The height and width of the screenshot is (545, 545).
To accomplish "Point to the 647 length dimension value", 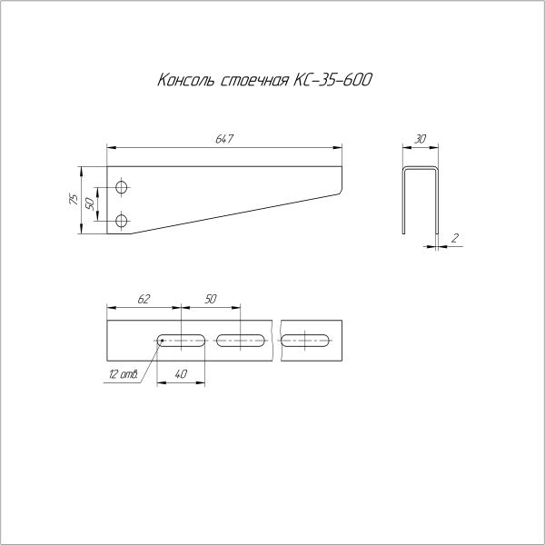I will pos(224,139).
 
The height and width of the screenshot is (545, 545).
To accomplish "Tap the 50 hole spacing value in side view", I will pos(91,203).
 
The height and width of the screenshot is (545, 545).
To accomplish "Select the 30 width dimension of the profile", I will pos(421,139).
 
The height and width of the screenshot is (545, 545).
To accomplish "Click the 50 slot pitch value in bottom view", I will pos(211,298).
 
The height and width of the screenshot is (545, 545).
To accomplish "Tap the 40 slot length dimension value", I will pos(181,373).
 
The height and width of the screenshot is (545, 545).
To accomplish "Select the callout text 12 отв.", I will pos(122,375).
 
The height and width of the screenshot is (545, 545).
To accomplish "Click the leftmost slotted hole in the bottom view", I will pos(182,342).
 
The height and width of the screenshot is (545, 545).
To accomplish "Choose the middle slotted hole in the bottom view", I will pos(241,342).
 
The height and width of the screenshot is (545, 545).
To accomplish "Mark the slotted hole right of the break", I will pos(306,342).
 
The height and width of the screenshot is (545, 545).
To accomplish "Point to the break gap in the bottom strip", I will pos(276,342).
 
